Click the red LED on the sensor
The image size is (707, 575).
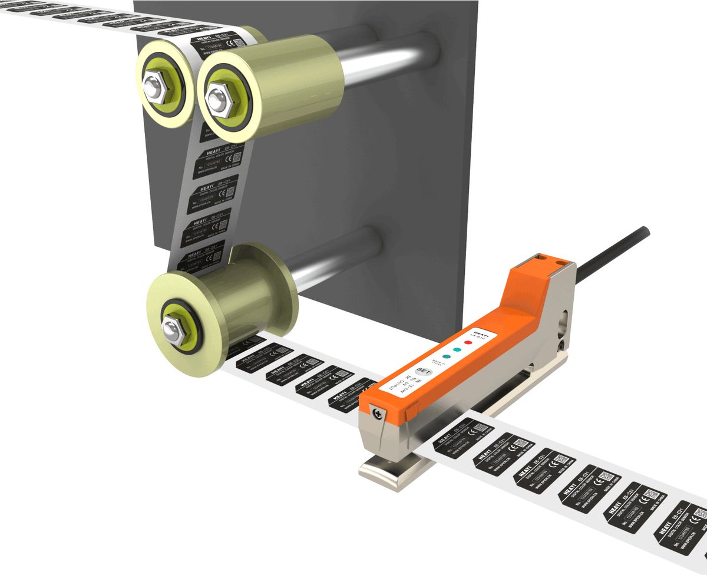click(468, 342)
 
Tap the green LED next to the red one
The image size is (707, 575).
click(457, 349)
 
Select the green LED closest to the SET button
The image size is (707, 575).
click(447, 356)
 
